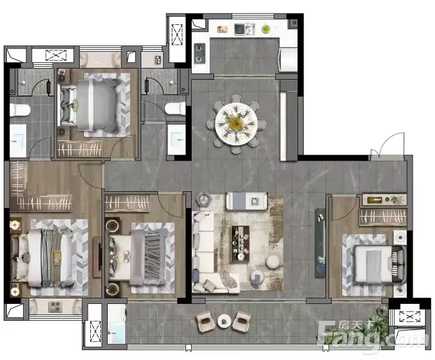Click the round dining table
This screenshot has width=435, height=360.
pyautogui.click(x=236, y=123)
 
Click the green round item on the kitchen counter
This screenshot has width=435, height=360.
pyautogui.click(x=266, y=29)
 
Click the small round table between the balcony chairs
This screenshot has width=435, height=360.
pyautogui.click(x=224, y=321)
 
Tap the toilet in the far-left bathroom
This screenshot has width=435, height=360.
pyautogui.click(x=20, y=110)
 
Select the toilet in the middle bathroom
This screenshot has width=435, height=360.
pyautogui.click(x=175, y=108)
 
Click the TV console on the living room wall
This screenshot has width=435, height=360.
pyautogui.click(x=320, y=242)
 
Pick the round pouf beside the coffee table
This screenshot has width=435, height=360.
pyautogui.click(x=273, y=262)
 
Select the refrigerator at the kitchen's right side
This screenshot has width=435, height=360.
pyautogui.click(x=288, y=60)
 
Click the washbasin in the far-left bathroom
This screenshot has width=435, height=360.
pyautogui.click(x=18, y=141)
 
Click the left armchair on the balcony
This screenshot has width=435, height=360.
pyautogui.click(x=205, y=321)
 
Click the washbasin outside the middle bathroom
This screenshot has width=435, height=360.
pyautogui.click(x=177, y=140)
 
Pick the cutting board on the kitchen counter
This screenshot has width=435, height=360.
pyautogui.click(x=223, y=29)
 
